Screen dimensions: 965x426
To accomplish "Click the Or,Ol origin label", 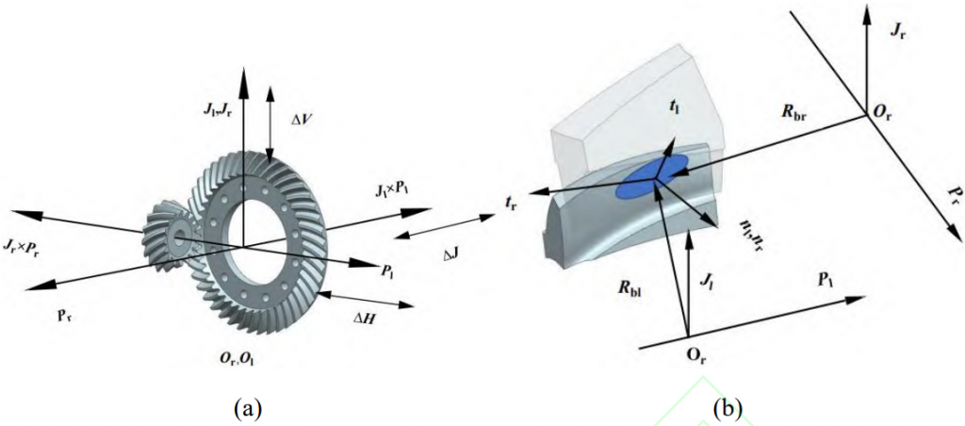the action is point(235,361).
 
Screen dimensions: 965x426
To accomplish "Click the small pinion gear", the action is point(175,236).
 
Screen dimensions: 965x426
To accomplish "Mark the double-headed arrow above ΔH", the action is point(366,300).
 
